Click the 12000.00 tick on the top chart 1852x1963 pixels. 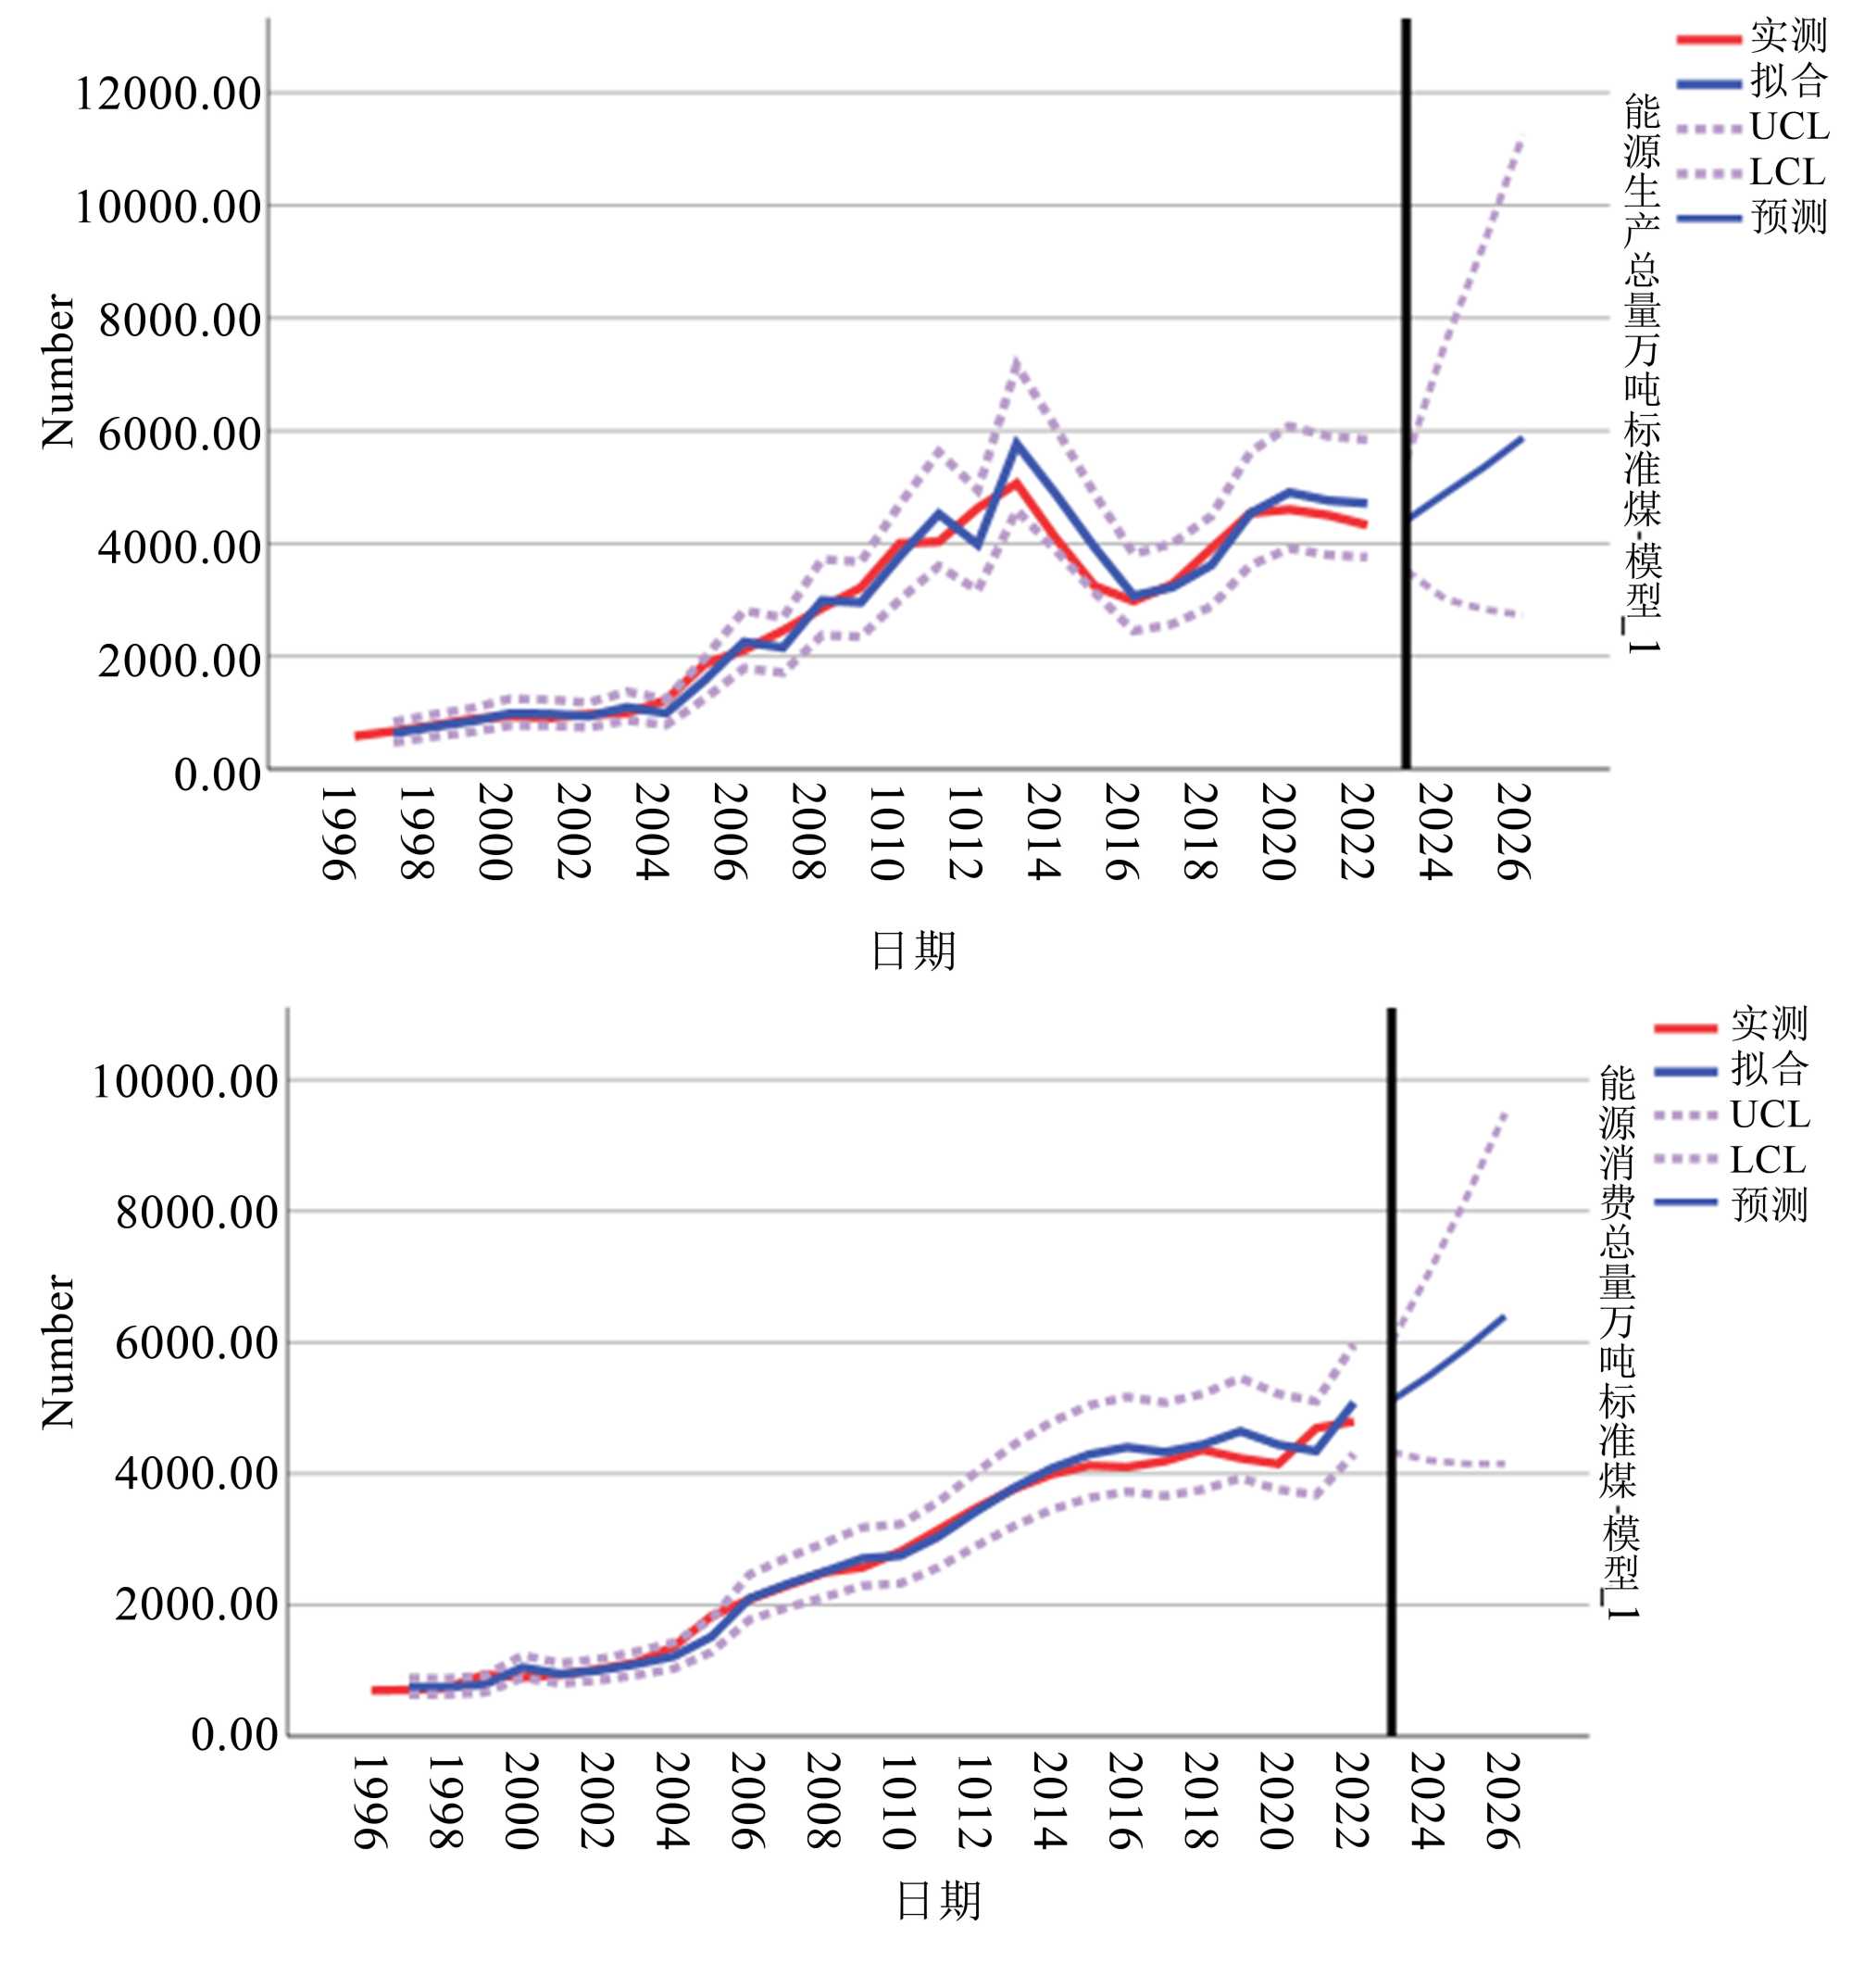[168, 94]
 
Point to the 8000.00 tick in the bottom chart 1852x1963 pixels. [197, 1213]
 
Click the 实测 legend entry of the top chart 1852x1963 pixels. [1788, 36]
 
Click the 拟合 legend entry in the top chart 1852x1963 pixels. [1788, 82]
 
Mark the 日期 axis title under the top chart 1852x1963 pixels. [913, 950]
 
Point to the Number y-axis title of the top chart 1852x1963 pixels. [57, 371]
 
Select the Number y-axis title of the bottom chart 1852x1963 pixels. [57, 1351]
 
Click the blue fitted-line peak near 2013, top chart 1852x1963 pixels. [1015, 441]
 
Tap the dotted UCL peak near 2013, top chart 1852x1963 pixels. [1015, 363]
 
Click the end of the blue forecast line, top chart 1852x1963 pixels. [1521, 438]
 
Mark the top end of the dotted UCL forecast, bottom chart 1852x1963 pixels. [1504, 1113]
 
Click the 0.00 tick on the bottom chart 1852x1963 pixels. [235, 1735]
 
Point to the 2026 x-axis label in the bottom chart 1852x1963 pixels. [1504, 1800]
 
